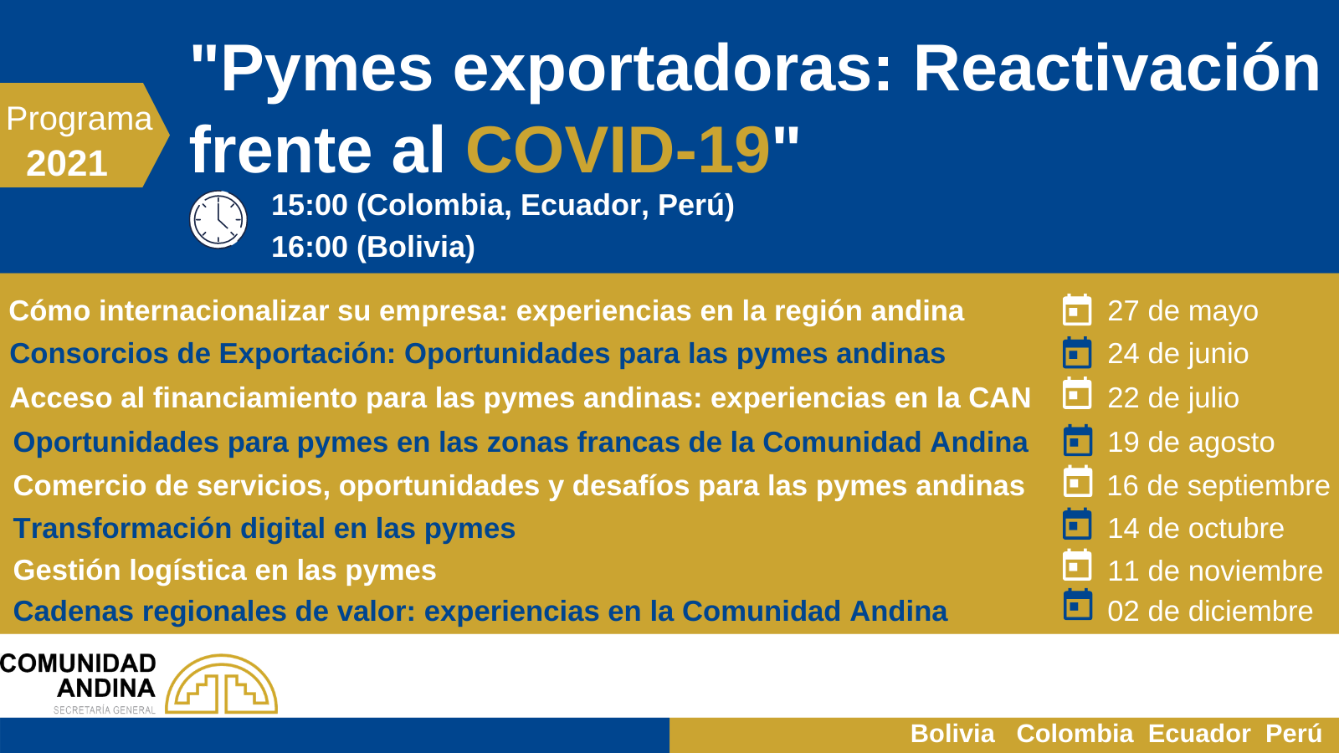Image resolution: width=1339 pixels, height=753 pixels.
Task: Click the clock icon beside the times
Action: click(x=218, y=219)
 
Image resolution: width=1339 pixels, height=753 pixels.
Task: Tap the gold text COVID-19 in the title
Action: click(x=618, y=150)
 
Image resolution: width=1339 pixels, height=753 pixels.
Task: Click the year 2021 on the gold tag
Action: click(x=67, y=163)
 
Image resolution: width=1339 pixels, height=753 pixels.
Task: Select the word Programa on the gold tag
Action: click(x=80, y=119)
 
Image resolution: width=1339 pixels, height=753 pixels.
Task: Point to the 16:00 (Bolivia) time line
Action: click(x=373, y=246)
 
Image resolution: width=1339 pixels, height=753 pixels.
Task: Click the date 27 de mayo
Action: click(x=1183, y=310)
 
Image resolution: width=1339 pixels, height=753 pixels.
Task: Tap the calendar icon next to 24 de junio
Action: click(x=1077, y=352)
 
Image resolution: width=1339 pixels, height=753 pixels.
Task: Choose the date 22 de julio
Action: click(x=1173, y=397)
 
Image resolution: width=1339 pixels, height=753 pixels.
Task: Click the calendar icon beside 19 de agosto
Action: click(x=1078, y=440)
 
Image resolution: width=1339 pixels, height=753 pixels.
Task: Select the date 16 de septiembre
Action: click(x=1218, y=485)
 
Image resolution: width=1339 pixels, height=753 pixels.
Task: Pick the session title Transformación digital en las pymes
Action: click(x=264, y=528)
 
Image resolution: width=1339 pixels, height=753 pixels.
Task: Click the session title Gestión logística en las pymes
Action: click(x=225, y=570)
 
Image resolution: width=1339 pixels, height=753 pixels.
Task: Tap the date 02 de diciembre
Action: click(x=1210, y=612)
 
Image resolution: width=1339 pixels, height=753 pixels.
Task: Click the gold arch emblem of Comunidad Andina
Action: click(x=221, y=684)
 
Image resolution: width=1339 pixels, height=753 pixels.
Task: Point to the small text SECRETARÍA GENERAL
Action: click(x=105, y=710)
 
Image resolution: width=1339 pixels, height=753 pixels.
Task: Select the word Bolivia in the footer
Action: click(x=952, y=733)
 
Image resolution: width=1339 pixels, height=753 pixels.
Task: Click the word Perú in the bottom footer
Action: click(x=1294, y=733)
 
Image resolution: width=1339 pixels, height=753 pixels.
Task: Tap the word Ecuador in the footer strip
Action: click(x=1199, y=733)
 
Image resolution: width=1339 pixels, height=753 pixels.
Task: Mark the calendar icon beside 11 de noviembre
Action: click(x=1077, y=566)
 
